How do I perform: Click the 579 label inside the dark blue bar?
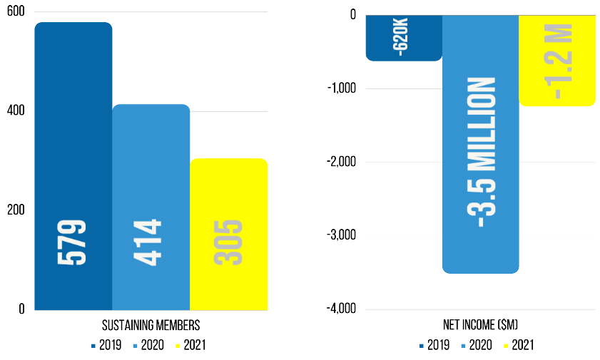(73, 243)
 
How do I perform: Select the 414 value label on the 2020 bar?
(151, 243)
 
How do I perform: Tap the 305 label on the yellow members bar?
(229, 243)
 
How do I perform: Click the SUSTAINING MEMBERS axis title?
(151, 326)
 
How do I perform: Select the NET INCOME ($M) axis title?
(480, 326)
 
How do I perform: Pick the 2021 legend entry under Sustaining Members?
(194, 346)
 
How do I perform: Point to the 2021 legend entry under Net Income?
(521, 346)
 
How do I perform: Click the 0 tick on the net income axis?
(352, 14)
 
